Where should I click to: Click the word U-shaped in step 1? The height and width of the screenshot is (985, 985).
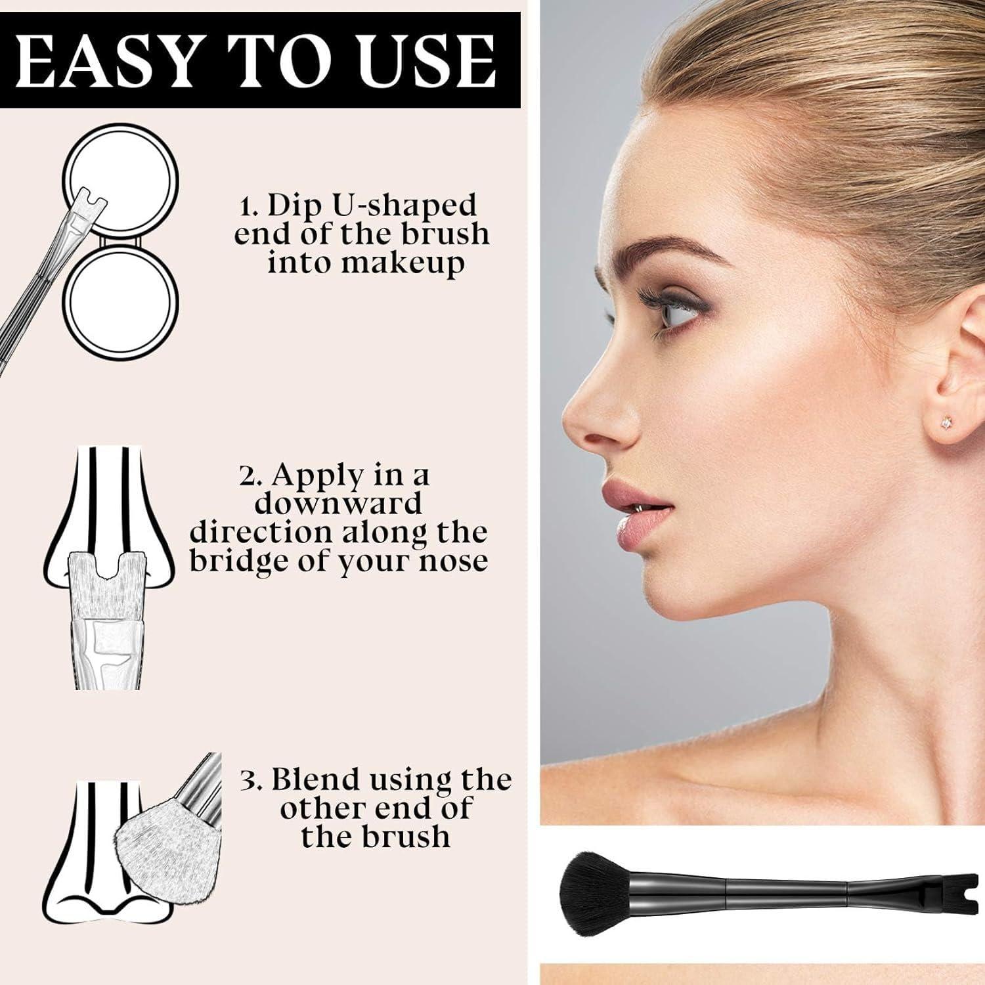[407, 206]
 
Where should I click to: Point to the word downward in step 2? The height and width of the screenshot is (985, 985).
[338, 503]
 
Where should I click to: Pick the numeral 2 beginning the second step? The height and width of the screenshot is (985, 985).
[248, 475]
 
